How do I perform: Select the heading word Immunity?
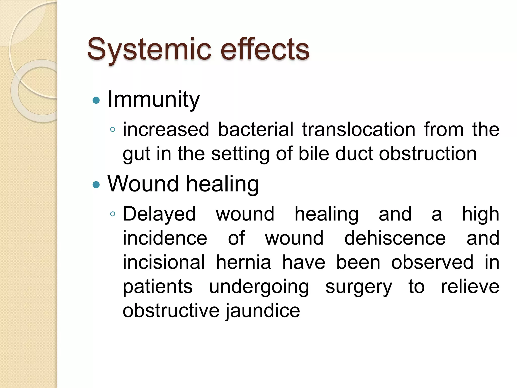pos(153,100)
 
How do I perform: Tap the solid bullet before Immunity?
pos(96,101)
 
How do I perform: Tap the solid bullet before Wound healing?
pos(96,185)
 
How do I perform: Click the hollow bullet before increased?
pos(113,130)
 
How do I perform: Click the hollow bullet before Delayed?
pos(113,214)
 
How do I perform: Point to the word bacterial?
pos(255,129)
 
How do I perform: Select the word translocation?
pos(359,129)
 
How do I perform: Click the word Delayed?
pos(159,214)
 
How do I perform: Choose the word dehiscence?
pos(395,238)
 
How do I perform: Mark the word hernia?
pos(243,262)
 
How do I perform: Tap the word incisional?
pos(164,262)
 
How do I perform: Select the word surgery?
pos(359,287)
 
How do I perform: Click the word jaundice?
pos(263,311)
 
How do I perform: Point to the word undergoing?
pos(259,287)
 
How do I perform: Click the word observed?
pos(432,262)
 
